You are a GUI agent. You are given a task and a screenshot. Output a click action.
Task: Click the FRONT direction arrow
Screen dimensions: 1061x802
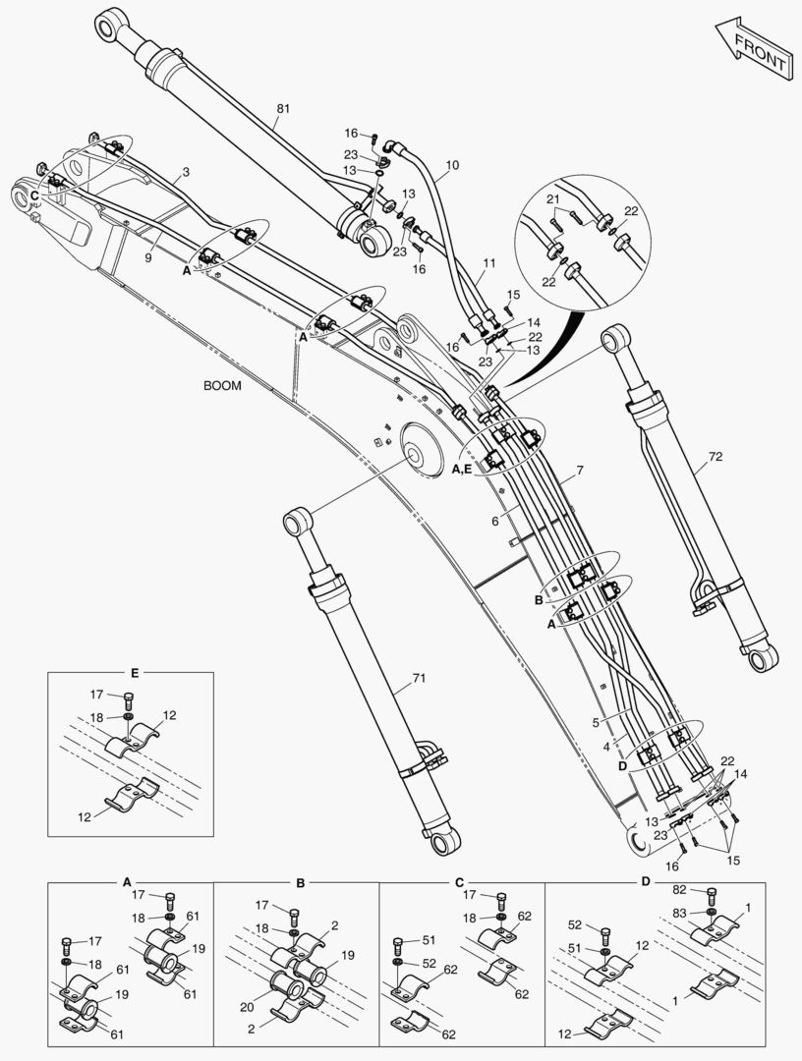(x=752, y=49)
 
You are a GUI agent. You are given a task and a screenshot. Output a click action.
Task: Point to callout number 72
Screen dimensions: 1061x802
(x=716, y=458)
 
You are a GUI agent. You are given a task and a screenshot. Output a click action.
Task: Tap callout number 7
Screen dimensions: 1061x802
(x=580, y=472)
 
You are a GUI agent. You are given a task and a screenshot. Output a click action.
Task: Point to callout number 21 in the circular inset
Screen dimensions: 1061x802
(x=553, y=199)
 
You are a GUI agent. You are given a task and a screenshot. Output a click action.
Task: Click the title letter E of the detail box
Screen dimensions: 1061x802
(x=135, y=673)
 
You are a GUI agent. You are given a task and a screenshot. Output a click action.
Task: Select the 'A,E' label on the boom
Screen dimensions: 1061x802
(x=462, y=471)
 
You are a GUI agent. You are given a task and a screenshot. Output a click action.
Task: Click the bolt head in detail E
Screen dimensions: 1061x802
(x=128, y=699)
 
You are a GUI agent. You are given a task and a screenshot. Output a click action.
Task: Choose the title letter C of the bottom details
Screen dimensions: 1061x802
(x=459, y=881)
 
